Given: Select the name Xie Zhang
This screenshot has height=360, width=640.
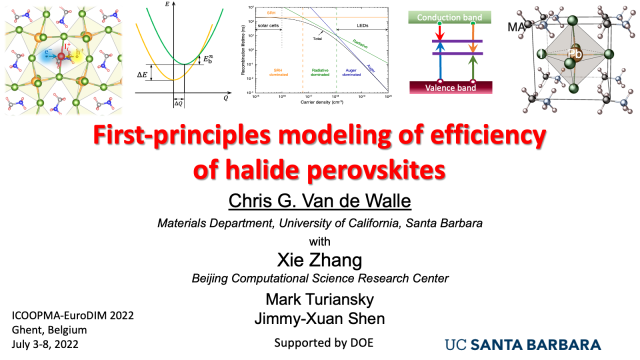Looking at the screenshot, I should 317,257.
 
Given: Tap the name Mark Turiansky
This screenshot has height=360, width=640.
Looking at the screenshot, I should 317,299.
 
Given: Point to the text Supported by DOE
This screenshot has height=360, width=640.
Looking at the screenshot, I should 317,343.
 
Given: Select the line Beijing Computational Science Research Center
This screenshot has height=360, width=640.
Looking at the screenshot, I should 317,277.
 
